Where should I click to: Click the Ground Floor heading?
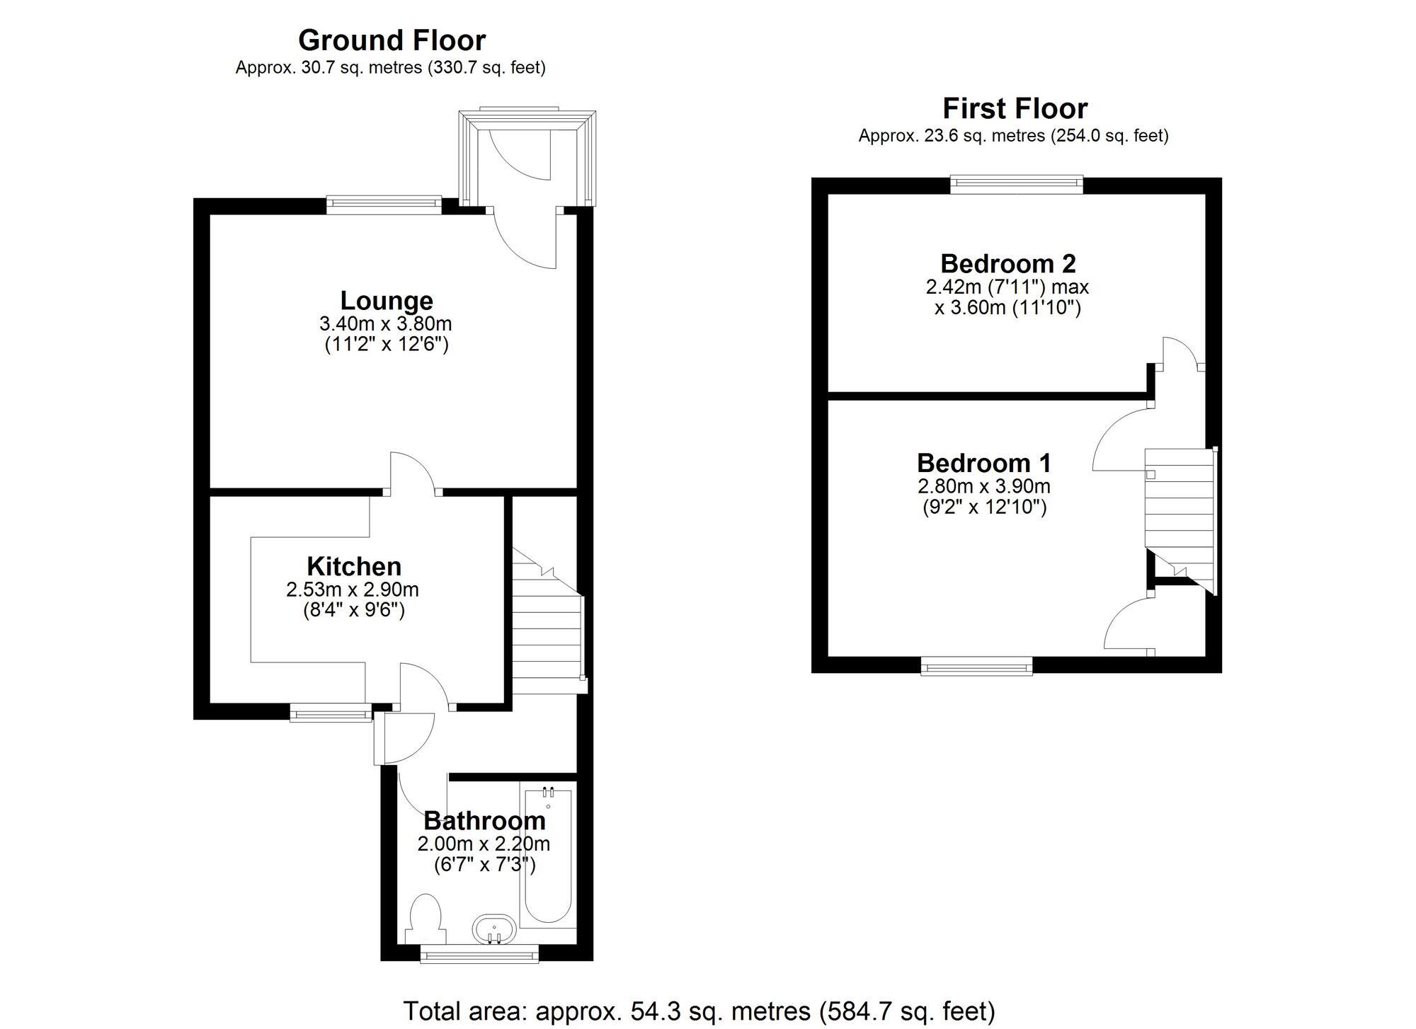(x=392, y=40)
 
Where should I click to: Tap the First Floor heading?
(x=1014, y=109)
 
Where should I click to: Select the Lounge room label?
(x=387, y=301)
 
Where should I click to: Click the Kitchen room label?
(x=354, y=566)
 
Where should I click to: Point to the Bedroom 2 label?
(x=1007, y=264)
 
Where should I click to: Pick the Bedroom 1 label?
(x=983, y=463)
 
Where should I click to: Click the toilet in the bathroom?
(x=426, y=917)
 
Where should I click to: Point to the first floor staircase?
(x=1180, y=517)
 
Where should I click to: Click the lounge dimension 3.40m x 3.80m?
(x=386, y=324)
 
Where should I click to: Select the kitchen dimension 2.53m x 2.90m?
(x=353, y=589)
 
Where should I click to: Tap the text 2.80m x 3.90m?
(x=983, y=486)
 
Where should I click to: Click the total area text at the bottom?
(x=699, y=1011)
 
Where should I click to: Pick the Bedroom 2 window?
(x=1016, y=185)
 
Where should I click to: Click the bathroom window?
(x=479, y=956)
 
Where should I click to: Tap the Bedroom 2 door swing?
(x=1181, y=352)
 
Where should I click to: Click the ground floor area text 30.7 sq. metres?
(x=390, y=68)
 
